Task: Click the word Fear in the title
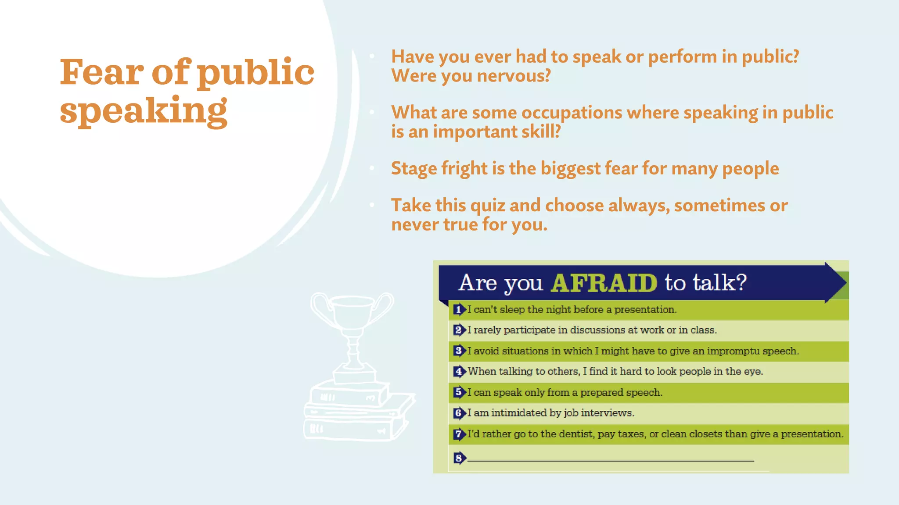pos(101,72)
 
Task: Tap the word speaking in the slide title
pos(144,110)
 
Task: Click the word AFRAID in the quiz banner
pos(604,283)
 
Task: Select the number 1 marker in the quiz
pos(458,309)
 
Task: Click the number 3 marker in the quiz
pos(458,351)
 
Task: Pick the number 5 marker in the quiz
pos(458,392)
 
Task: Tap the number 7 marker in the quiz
pos(458,434)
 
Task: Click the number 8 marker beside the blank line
pos(458,458)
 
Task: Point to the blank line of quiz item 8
pos(610,460)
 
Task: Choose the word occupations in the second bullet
pos(572,113)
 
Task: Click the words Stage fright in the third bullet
pos(439,169)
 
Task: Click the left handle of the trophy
pos(320,307)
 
